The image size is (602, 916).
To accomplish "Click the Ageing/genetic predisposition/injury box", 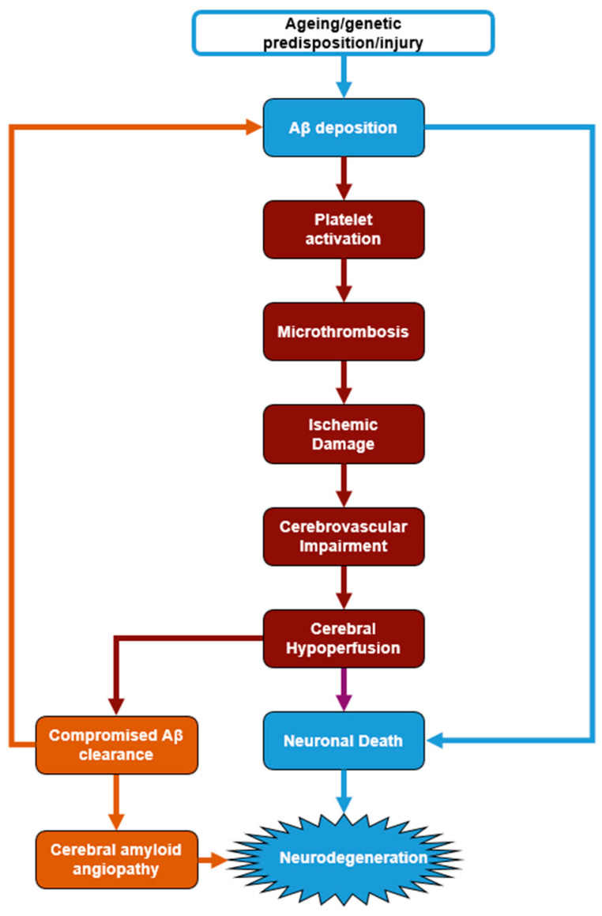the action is tap(344, 33).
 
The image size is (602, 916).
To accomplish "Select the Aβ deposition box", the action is tap(344, 127).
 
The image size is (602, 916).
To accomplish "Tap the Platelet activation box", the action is tap(344, 229).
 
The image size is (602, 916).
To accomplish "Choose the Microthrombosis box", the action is tap(344, 331).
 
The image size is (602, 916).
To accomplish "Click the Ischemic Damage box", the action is tap(344, 434).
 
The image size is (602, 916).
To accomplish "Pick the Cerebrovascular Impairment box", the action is tap(344, 537).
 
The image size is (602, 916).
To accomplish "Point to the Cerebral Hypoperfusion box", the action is tap(344, 639).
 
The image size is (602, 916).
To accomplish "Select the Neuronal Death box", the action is tap(344, 741).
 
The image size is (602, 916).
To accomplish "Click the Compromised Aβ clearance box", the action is tap(117, 744).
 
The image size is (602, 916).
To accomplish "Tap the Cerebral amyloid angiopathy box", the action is tap(117, 859).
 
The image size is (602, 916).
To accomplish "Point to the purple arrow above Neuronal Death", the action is tap(344, 689).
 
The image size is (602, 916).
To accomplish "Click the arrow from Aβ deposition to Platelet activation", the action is tap(344, 178).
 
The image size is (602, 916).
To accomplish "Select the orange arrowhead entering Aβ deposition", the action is tap(254, 126).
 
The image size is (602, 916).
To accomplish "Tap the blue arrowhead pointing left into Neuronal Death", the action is tap(435, 741).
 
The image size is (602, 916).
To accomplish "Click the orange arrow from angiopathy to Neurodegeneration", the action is tap(213, 860).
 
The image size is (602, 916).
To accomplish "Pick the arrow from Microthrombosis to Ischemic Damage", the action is tap(344, 383).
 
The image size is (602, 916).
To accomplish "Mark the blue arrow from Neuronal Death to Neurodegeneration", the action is tap(344, 792).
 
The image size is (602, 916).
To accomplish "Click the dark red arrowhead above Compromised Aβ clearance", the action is tap(117, 707).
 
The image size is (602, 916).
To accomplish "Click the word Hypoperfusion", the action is tap(344, 648).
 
